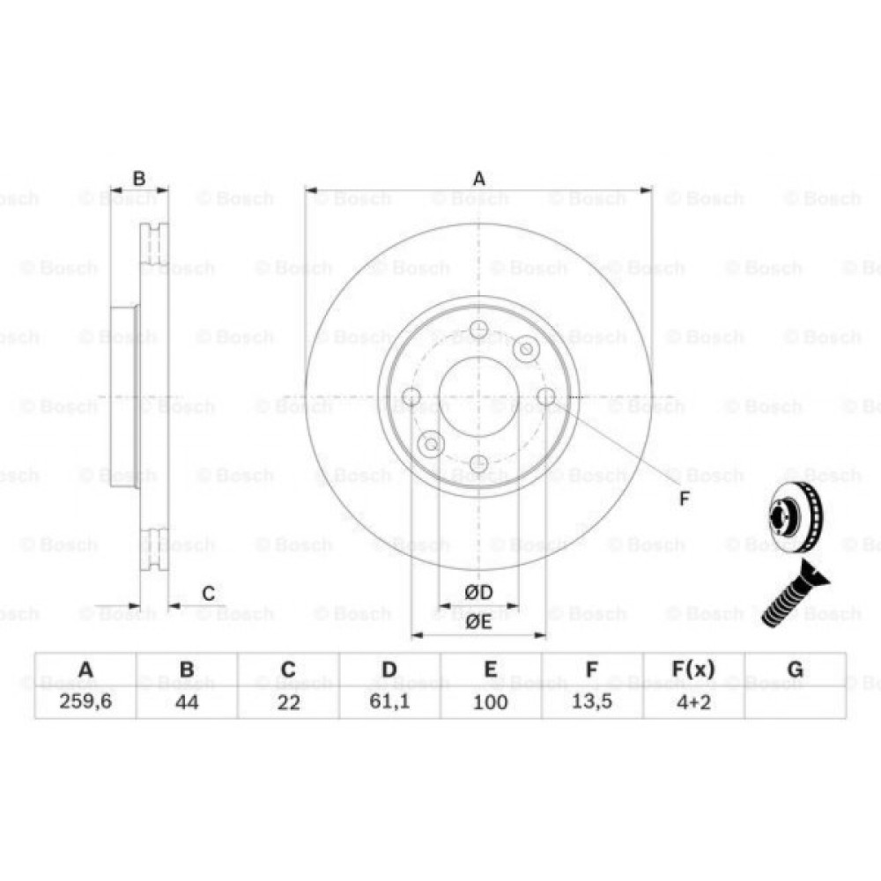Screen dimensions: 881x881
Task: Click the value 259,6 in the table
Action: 85,702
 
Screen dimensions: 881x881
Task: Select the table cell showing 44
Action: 187,702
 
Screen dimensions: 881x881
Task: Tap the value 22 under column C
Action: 288,702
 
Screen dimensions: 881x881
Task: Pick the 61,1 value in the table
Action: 389,702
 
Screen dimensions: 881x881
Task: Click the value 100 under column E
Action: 491,702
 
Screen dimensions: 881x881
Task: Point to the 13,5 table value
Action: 592,702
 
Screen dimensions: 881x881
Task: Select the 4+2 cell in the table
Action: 693,702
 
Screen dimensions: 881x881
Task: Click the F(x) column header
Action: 693,670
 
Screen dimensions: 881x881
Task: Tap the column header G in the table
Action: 795,670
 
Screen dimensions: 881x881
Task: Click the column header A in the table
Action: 85,670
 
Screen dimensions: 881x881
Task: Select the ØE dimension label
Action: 478,621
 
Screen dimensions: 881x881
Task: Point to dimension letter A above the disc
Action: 478,179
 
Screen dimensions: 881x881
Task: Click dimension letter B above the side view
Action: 138,179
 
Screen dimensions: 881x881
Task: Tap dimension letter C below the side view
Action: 208,594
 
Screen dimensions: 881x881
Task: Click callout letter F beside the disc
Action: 685,499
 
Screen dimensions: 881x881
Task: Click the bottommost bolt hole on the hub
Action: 478,463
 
